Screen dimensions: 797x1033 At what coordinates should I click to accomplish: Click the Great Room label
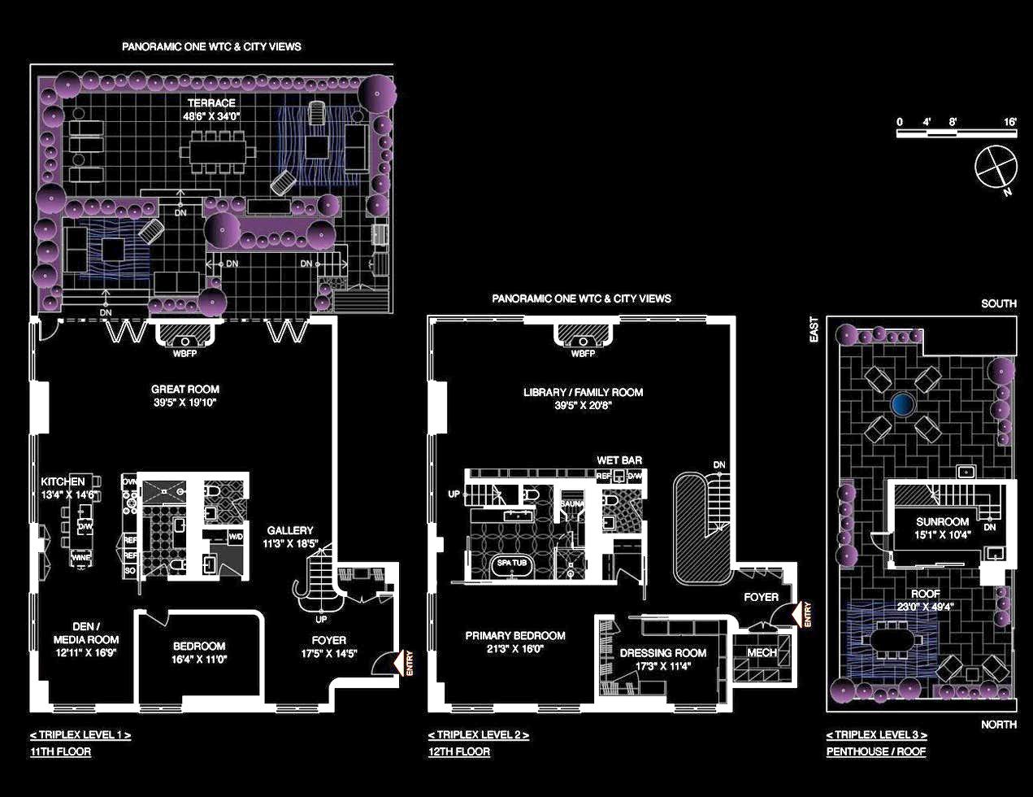185,390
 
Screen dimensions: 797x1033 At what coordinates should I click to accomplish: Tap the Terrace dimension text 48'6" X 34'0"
211,116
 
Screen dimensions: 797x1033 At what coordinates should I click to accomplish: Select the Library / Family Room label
583,393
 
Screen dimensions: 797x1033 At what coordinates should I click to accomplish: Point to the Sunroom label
942,522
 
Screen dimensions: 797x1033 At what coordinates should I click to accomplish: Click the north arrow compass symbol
996,168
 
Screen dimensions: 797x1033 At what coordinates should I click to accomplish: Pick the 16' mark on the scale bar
1010,122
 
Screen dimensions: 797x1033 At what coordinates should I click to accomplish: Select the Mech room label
762,652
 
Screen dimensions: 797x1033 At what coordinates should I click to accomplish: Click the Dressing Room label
662,653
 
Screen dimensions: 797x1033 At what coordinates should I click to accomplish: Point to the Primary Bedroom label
515,636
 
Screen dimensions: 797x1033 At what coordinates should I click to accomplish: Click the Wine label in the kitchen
81,558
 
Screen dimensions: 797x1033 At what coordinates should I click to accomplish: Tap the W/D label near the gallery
235,537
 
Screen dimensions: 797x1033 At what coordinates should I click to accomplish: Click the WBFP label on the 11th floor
185,354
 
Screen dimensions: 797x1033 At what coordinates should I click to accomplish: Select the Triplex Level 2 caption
479,735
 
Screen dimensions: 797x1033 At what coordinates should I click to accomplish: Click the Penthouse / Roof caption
875,751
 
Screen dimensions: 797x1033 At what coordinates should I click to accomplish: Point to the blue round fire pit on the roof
901,403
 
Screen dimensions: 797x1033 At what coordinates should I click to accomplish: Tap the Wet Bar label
619,460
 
